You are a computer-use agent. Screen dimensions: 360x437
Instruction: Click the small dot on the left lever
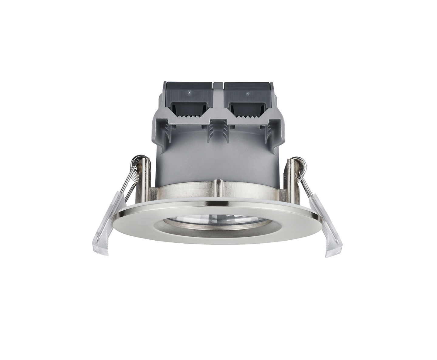click(189, 92)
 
